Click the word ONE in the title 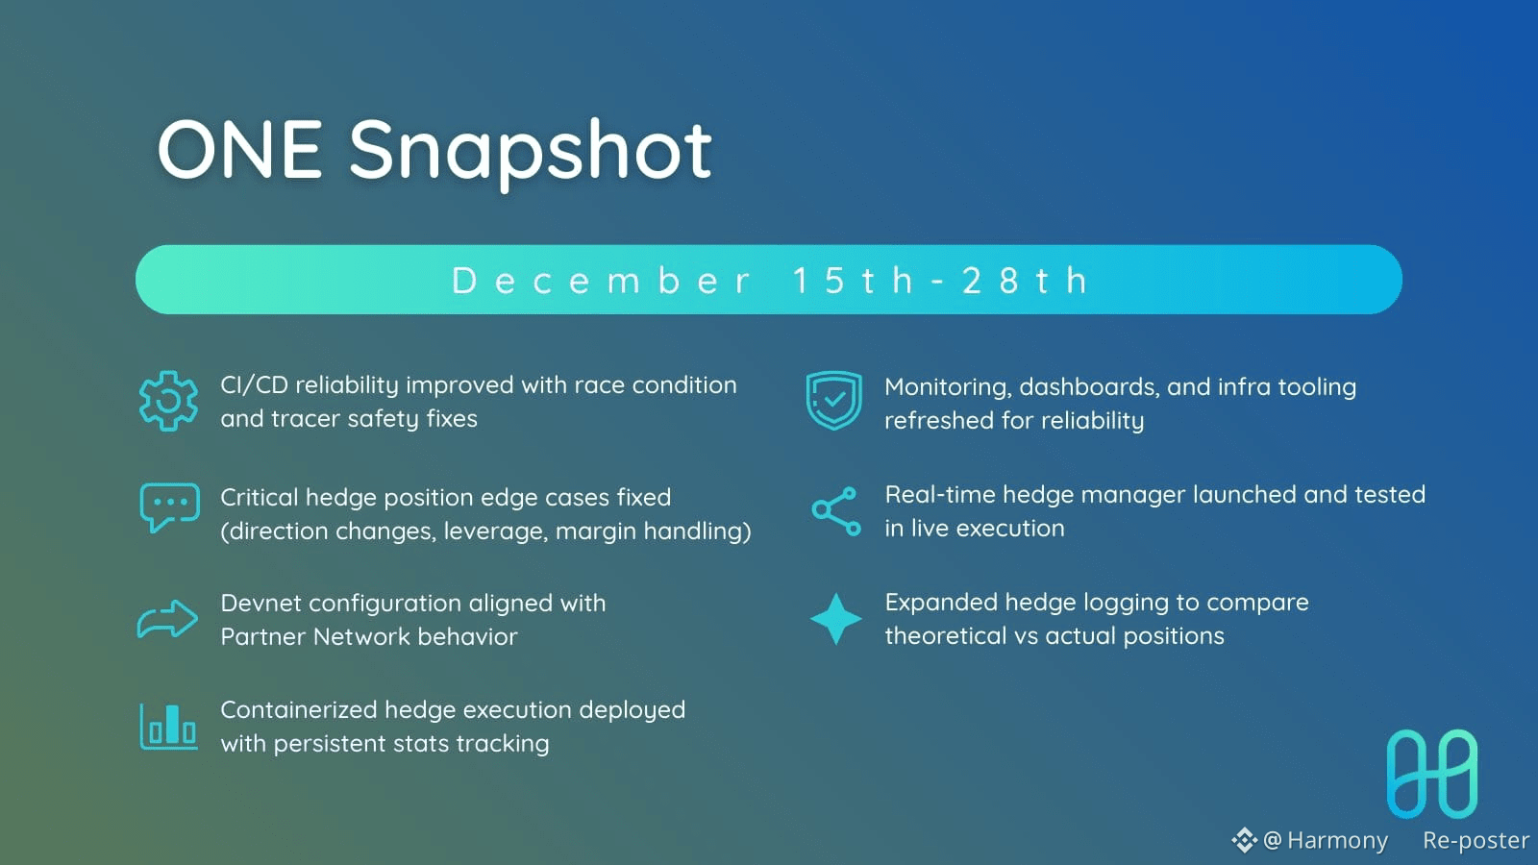(239, 149)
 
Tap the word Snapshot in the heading (530, 153)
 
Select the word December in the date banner (602, 281)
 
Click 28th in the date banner (1025, 281)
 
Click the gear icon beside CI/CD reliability (168, 401)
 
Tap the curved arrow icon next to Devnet (167, 619)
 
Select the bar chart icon (169, 727)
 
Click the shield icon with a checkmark (834, 400)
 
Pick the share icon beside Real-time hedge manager (836, 511)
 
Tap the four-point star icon (835, 619)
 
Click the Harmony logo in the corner (1432, 774)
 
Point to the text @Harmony (1326, 840)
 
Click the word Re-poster (1476, 840)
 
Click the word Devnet (260, 604)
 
